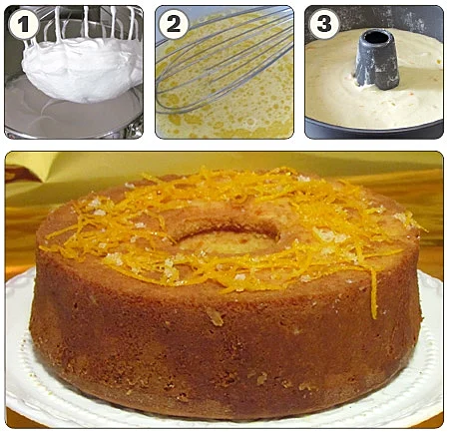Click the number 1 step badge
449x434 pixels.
coord(23,24)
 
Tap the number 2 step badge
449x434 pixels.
coord(174,24)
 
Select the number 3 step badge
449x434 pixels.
coord(324,24)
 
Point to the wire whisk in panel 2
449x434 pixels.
coord(226,60)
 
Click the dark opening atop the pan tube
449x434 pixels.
coord(377,37)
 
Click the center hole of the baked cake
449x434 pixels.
coord(228,240)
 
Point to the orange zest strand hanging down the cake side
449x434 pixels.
coord(373,292)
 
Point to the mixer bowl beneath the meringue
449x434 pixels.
coord(72,113)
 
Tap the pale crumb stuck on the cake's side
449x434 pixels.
coord(215,317)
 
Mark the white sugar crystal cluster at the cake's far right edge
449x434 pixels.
coord(401,217)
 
